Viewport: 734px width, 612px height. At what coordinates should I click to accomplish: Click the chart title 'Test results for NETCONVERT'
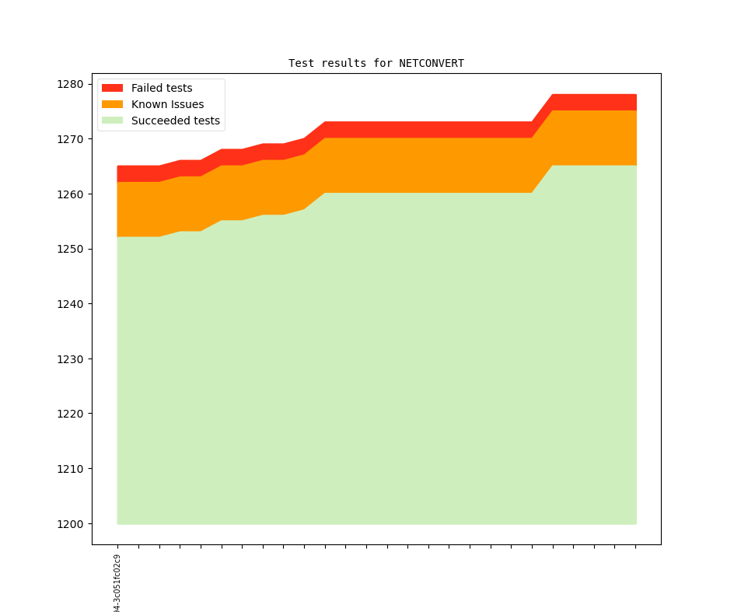click(x=376, y=63)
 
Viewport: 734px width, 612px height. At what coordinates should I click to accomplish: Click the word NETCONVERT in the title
click(x=432, y=63)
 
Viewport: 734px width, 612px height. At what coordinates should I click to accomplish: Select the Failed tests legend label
click(x=161, y=88)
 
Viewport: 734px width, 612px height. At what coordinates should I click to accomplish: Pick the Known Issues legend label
click(x=167, y=104)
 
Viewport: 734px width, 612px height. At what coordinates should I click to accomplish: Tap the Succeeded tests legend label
click(x=175, y=121)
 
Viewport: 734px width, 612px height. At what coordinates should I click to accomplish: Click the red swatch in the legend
click(x=112, y=88)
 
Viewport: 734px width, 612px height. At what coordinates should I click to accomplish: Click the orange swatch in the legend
click(x=112, y=104)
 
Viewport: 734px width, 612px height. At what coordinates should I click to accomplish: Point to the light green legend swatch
click(x=112, y=121)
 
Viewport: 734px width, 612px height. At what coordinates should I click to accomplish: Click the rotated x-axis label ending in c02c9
click(x=117, y=583)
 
